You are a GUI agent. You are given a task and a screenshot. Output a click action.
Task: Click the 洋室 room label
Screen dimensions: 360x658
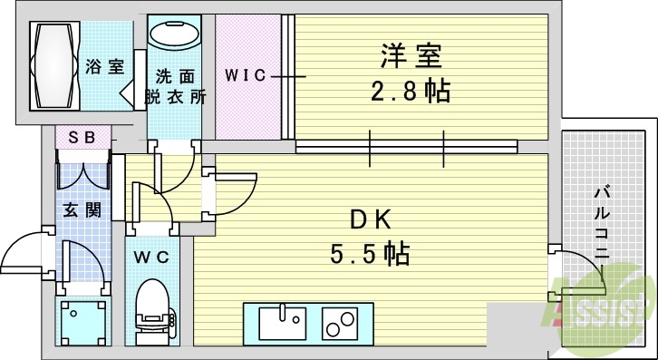click(x=410, y=57)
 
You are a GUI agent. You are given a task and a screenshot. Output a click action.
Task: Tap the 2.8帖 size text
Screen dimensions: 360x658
click(x=411, y=92)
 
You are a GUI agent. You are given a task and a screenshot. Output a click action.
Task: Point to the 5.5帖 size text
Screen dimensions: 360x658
click(x=370, y=252)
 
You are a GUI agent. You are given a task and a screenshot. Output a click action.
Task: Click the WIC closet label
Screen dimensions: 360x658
click(x=246, y=76)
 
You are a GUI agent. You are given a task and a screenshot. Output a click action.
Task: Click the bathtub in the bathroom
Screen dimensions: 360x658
click(x=53, y=66)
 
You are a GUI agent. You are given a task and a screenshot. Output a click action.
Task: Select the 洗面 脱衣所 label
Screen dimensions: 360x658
click(x=174, y=87)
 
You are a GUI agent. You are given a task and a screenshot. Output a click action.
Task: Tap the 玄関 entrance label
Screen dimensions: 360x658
click(x=81, y=210)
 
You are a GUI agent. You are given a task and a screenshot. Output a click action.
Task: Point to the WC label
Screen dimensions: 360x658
click(x=151, y=257)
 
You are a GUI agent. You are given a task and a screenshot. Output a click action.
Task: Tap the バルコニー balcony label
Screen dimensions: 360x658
click(x=600, y=222)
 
